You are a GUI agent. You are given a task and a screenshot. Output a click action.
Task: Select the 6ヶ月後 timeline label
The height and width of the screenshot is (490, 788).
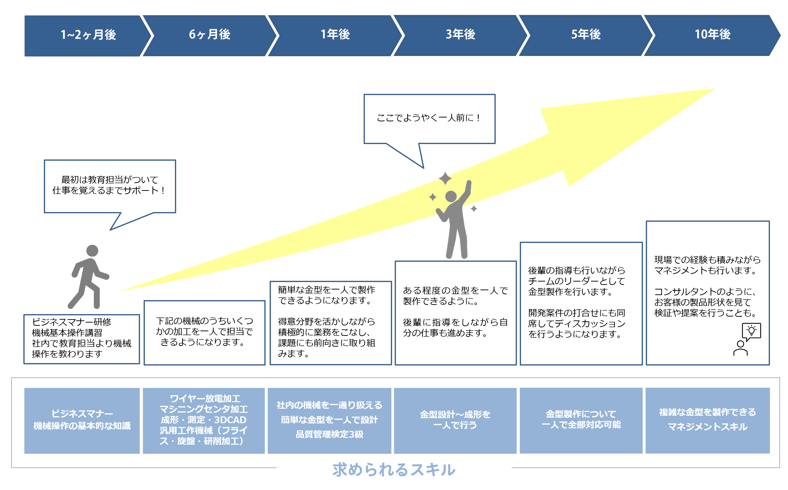[209, 34]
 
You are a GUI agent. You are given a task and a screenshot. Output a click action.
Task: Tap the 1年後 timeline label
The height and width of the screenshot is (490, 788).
[335, 34]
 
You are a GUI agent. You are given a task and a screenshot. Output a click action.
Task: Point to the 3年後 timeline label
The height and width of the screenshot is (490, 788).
[460, 34]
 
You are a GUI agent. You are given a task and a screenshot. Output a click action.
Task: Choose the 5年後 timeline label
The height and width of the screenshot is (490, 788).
[586, 34]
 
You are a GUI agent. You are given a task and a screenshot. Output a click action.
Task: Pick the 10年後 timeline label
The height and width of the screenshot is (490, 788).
[713, 34]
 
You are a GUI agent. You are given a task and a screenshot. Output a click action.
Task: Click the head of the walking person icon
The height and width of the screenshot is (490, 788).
[92, 250]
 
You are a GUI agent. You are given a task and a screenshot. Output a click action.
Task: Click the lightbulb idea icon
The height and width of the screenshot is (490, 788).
[751, 331]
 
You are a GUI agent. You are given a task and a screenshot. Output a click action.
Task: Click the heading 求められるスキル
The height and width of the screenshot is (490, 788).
[394, 469]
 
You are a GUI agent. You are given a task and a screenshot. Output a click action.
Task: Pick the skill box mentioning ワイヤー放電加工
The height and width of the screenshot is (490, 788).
[204, 420]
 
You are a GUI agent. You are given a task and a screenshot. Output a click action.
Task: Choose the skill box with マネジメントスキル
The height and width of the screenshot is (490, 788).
[708, 420]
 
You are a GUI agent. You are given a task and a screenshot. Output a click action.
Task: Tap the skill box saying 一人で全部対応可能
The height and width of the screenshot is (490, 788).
[581, 420]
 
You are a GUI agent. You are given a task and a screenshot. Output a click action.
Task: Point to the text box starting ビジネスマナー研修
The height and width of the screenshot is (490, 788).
[81, 339]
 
